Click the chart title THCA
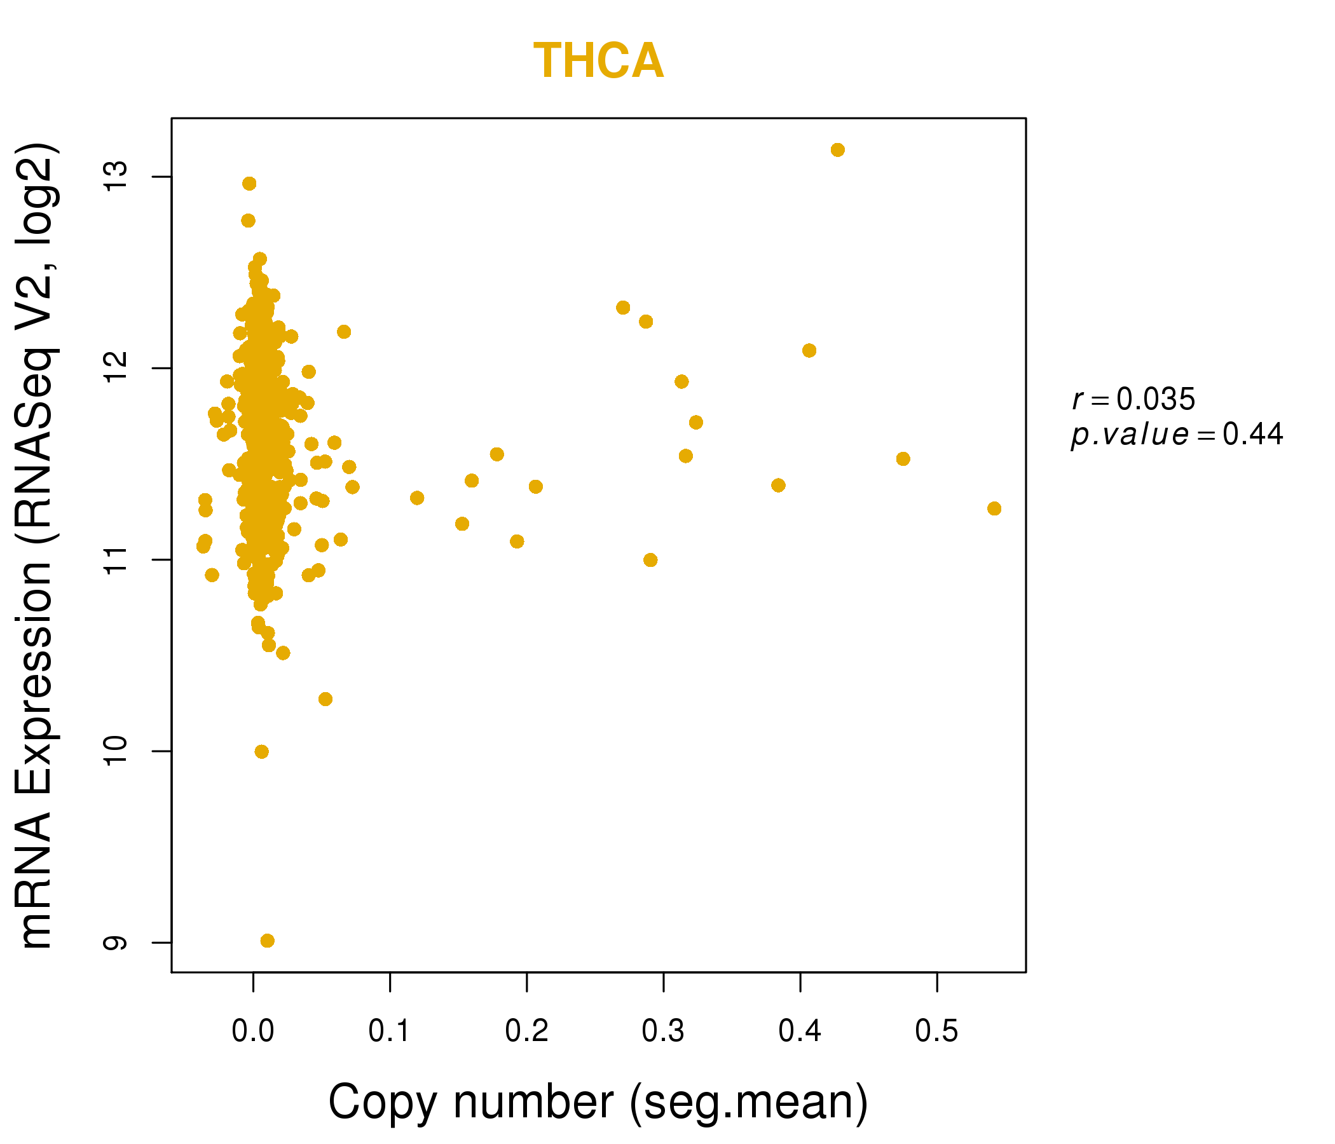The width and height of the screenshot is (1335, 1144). click(x=599, y=61)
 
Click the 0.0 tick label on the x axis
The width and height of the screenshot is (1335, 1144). click(x=253, y=1032)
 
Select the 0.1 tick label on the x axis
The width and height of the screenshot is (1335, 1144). click(x=390, y=1032)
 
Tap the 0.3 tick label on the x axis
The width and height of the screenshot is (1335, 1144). click(x=663, y=1032)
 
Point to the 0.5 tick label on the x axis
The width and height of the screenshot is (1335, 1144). click(x=937, y=1032)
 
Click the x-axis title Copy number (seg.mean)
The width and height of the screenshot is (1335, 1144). click(x=598, y=1101)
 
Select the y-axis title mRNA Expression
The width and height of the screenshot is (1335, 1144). click(x=38, y=546)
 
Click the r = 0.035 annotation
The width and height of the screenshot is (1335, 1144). click(x=1133, y=399)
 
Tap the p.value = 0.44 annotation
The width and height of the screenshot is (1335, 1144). click(x=1177, y=435)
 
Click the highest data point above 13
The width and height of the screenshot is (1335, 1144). click(x=838, y=150)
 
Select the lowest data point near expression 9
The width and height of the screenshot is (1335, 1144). click(x=268, y=941)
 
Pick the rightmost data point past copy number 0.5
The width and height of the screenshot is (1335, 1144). click(x=994, y=509)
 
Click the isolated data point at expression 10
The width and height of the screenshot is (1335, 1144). click(x=261, y=752)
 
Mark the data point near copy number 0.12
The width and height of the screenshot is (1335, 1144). click(x=417, y=498)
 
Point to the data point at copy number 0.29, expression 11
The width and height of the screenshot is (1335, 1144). click(x=651, y=560)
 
